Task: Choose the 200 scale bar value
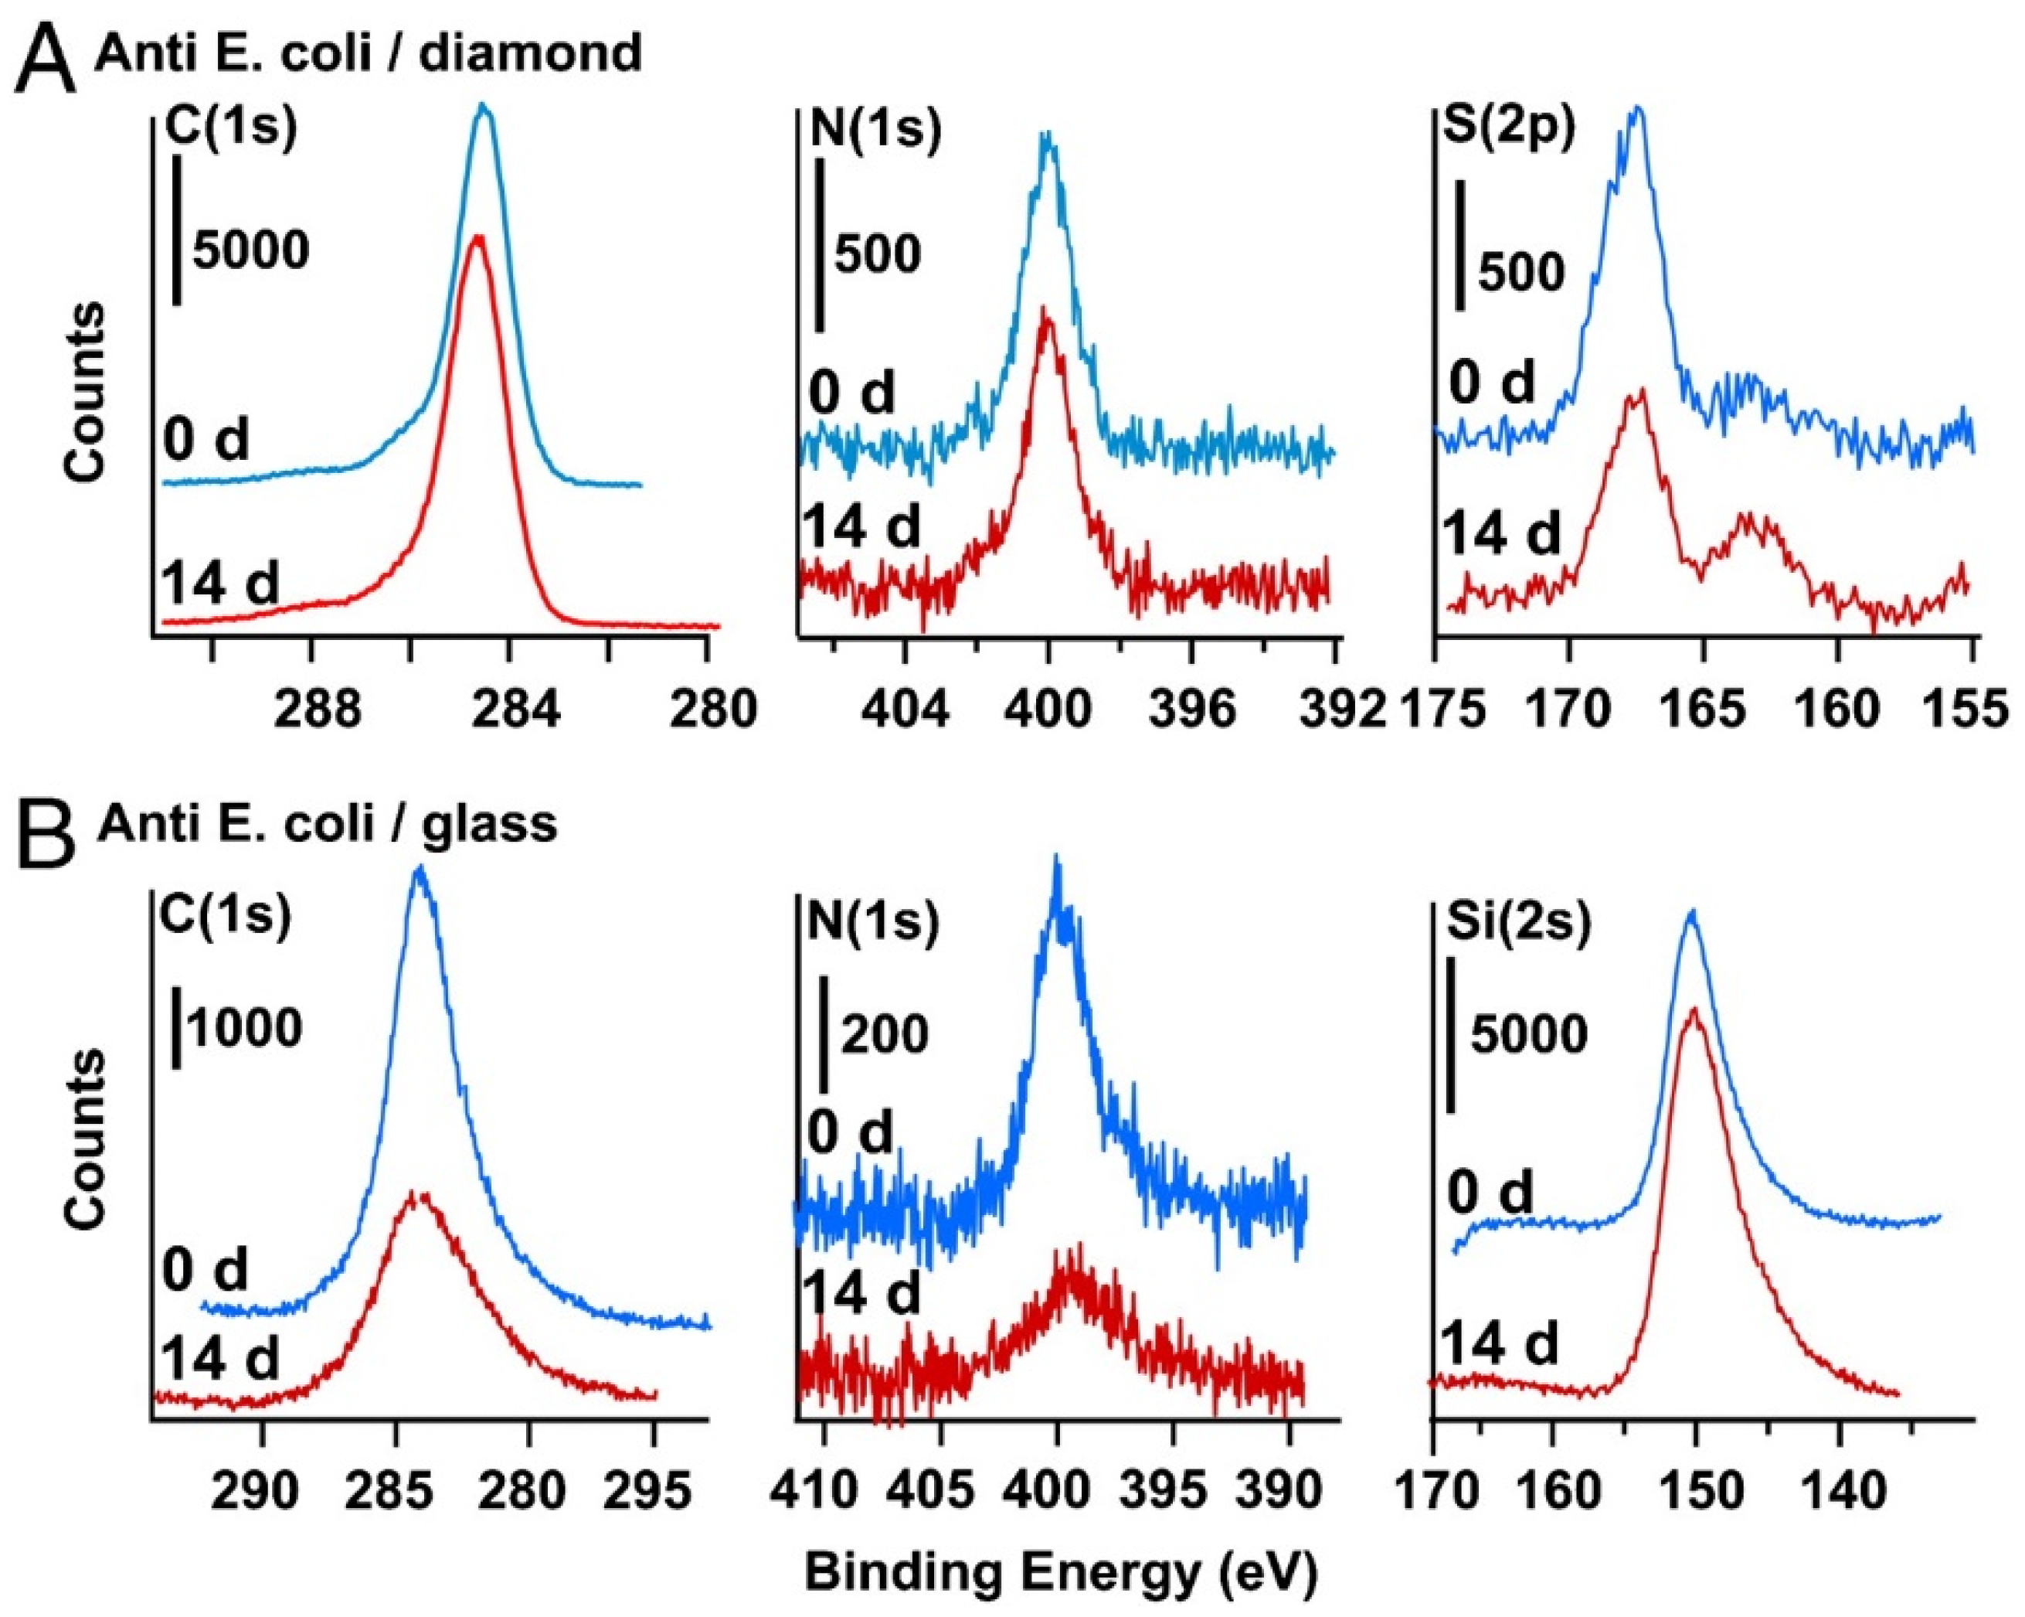pyautogui.click(x=883, y=1033)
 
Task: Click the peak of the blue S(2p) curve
pyautogui.click(x=1638, y=111)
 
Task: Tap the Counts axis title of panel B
pyautogui.click(x=86, y=1139)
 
